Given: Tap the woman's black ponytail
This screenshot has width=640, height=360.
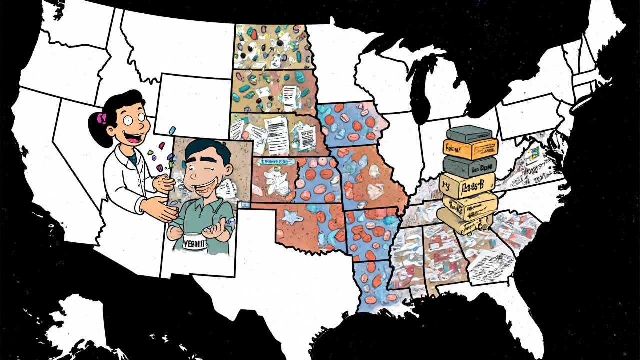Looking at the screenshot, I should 97,131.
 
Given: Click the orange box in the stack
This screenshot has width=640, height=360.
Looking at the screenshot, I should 470,148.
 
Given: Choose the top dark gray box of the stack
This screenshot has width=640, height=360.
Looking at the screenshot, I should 469,133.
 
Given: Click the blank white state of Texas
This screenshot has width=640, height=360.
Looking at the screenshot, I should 280,280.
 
